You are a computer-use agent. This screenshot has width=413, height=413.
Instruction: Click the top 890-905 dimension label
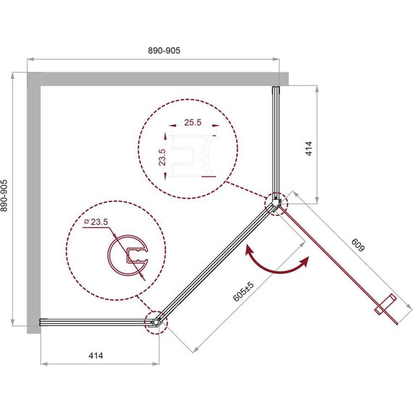coord(164,50)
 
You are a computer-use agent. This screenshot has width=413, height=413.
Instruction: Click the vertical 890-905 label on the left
coord(4,196)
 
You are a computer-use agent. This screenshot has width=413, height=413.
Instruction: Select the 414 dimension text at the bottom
coord(96,356)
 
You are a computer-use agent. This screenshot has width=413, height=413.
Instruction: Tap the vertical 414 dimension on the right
coord(309,149)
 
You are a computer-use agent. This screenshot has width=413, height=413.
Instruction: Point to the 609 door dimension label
coord(358,245)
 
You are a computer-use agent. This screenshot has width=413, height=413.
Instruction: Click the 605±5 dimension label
coord(243,291)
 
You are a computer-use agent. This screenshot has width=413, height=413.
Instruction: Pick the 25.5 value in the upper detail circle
coord(193,122)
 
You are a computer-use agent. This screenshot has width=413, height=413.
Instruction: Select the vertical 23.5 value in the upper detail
coord(162,157)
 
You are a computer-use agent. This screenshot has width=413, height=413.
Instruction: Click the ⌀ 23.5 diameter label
coord(96,222)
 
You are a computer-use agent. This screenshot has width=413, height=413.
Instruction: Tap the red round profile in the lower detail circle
coord(109,256)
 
